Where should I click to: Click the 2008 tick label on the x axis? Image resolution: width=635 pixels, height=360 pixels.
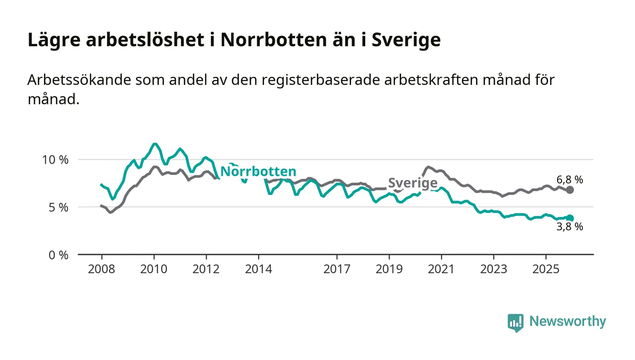pyautogui.click(x=102, y=269)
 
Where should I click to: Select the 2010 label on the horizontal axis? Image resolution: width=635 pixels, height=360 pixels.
pyautogui.click(x=154, y=269)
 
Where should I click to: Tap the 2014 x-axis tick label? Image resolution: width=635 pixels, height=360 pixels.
pyautogui.click(x=258, y=269)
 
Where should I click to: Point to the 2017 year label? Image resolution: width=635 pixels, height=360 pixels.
pyautogui.click(x=337, y=269)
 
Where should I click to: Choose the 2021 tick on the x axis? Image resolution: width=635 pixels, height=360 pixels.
pyautogui.click(x=441, y=269)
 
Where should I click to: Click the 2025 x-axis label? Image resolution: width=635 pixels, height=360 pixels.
pyautogui.click(x=546, y=269)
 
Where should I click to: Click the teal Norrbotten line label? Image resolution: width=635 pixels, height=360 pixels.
pyautogui.click(x=258, y=172)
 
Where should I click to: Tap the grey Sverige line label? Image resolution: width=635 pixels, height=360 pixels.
pyautogui.click(x=413, y=183)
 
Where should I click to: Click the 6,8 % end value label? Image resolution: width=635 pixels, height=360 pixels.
pyautogui.click(x=570, y=180)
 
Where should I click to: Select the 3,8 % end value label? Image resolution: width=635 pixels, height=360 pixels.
pyautogui.click(x=570, y=227)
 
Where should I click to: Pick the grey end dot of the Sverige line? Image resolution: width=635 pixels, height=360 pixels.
pyautogui.click(x=570, y=190)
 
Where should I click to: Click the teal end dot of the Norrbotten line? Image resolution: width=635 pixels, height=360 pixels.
pyautogui.click(x=570, y=218)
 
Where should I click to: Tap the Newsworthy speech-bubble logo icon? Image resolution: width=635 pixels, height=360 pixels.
pyautogui.click(x=515, y=322)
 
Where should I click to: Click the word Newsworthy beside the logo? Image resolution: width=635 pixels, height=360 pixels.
pyautogui.click(x=568, y=321)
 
